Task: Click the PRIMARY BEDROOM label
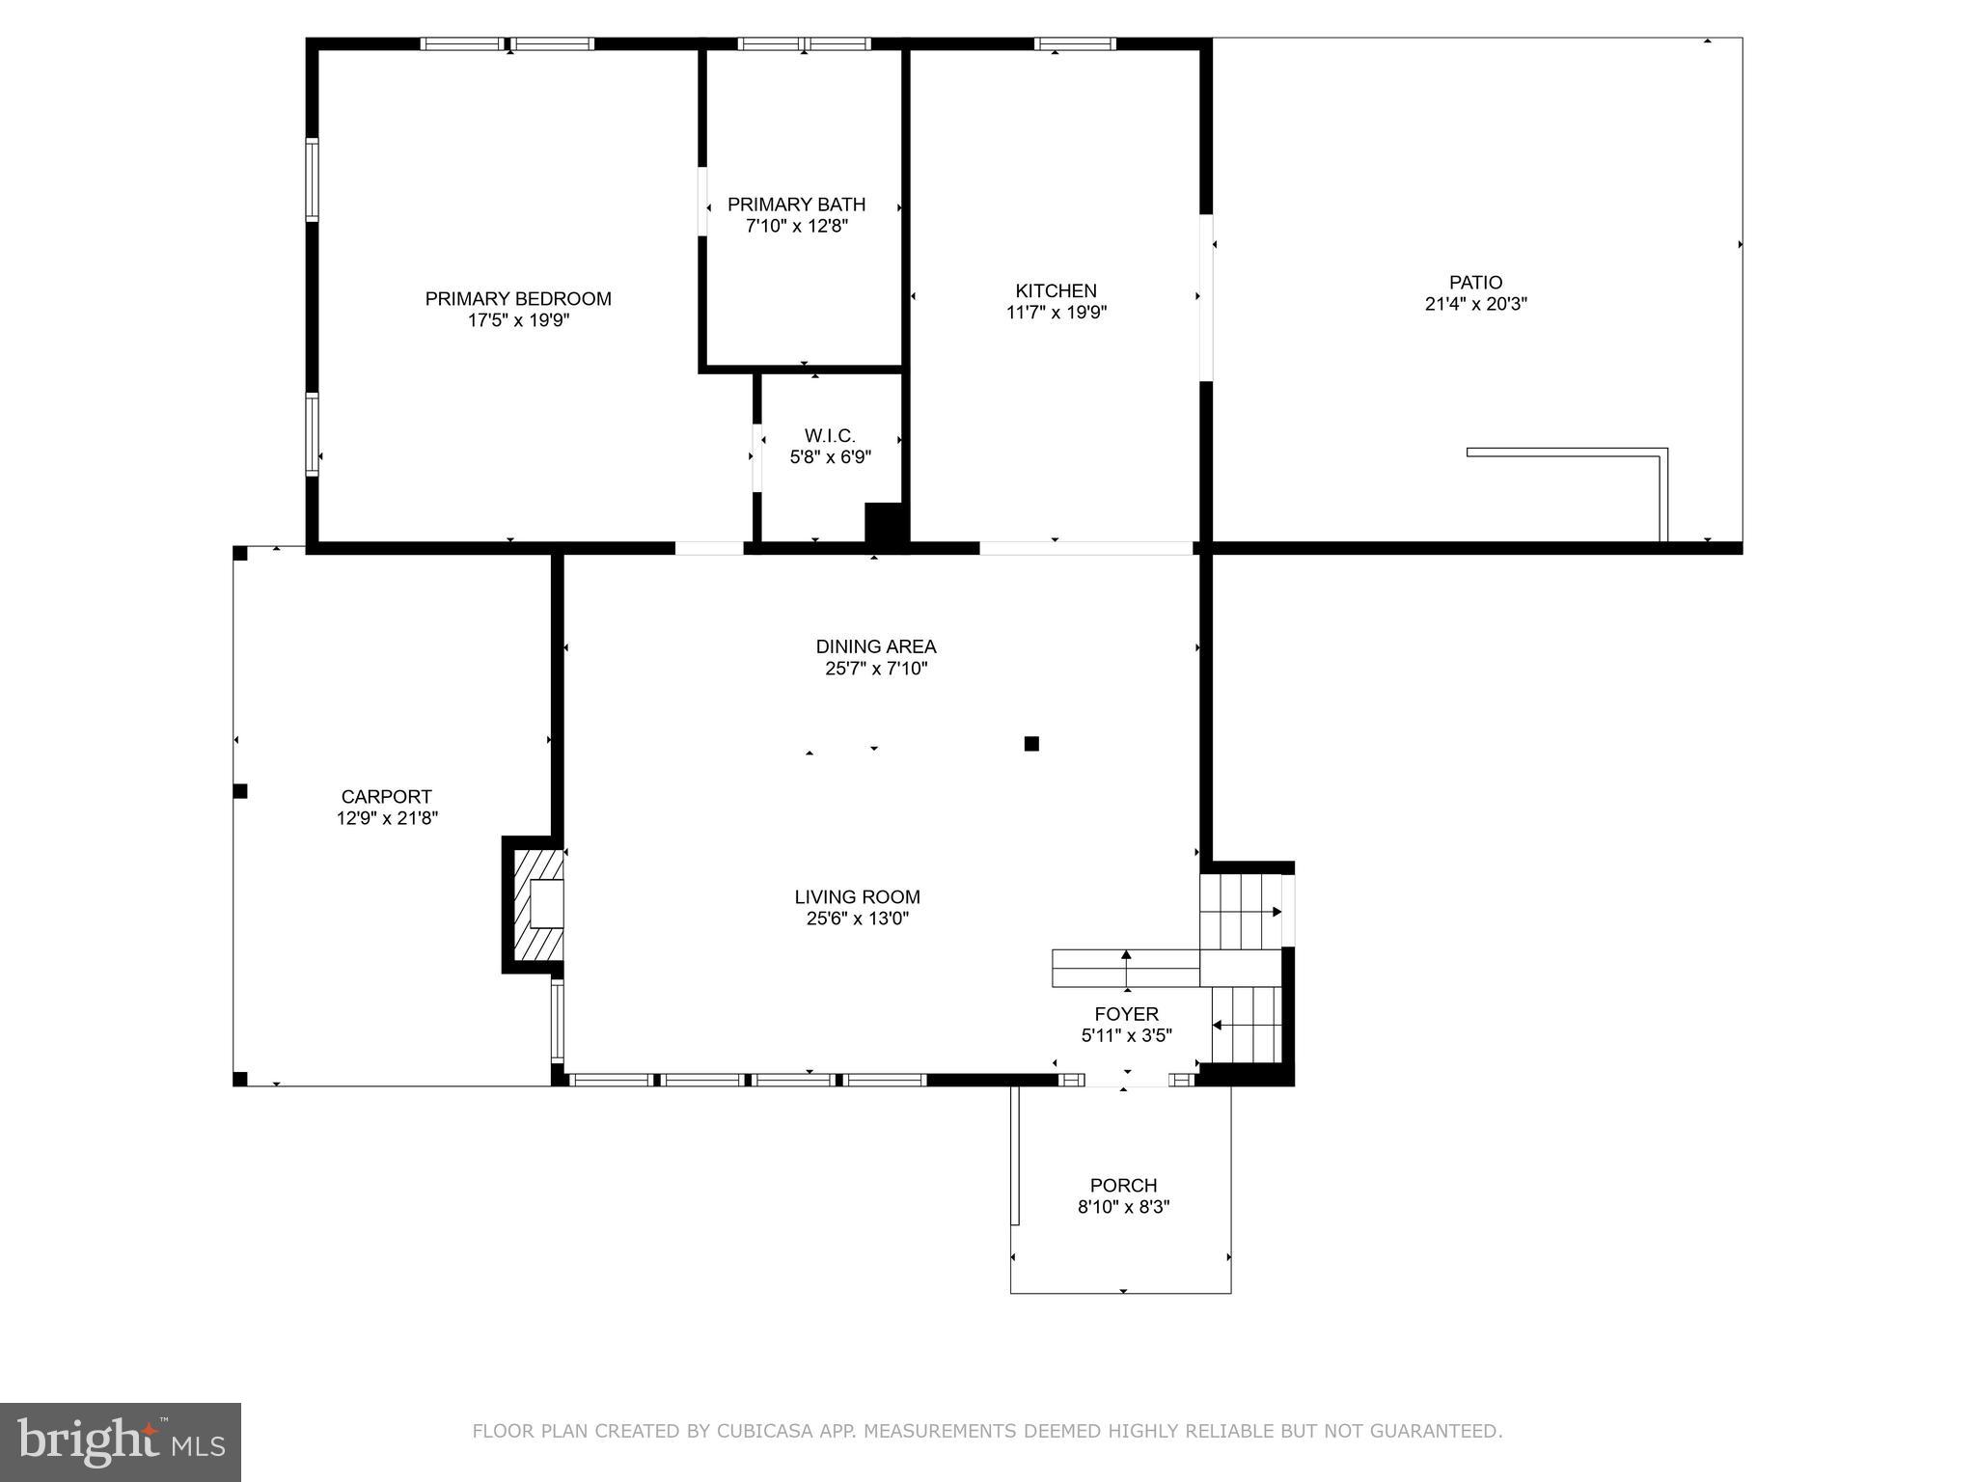click(x=518, y=299)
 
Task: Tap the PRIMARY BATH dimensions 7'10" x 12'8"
click(x=796, y=227)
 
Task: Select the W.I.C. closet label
click(x=830, y=436)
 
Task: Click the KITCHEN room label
click(x=1056, y=290)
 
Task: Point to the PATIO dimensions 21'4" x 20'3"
click(x=1475, y=304)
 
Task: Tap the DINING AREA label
click(x=875, y=646)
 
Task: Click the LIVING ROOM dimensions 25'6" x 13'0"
click(x=857, y=919)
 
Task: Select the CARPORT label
click(x=386, y=797)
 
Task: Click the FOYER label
click(x=1126, y=1014)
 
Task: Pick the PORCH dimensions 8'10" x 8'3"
click(x=1123, y=1207)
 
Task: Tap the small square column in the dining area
click(x=1031, y=744)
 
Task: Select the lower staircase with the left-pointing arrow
click(x=1248, y=1025)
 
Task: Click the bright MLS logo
click(x=121, y=1442)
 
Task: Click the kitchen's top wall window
click(x=1075, y=43)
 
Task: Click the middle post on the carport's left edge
click(x=240, y=791)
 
